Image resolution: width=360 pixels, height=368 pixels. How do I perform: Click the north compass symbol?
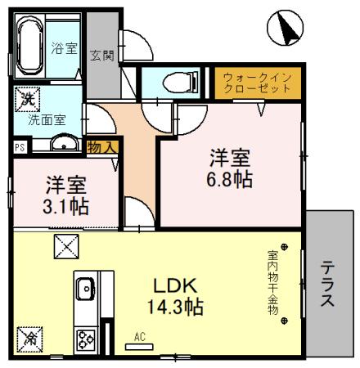(x=285, y=29)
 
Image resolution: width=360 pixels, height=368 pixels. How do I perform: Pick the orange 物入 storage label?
(x=103, y=146)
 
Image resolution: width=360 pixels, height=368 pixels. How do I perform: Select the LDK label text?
(x=175, y=288)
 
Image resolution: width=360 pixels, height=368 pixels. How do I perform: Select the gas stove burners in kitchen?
(x=85, y=339)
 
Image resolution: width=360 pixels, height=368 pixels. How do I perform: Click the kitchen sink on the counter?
(x=85, y=289)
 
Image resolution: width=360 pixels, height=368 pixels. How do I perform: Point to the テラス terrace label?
(x=327, y=285)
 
